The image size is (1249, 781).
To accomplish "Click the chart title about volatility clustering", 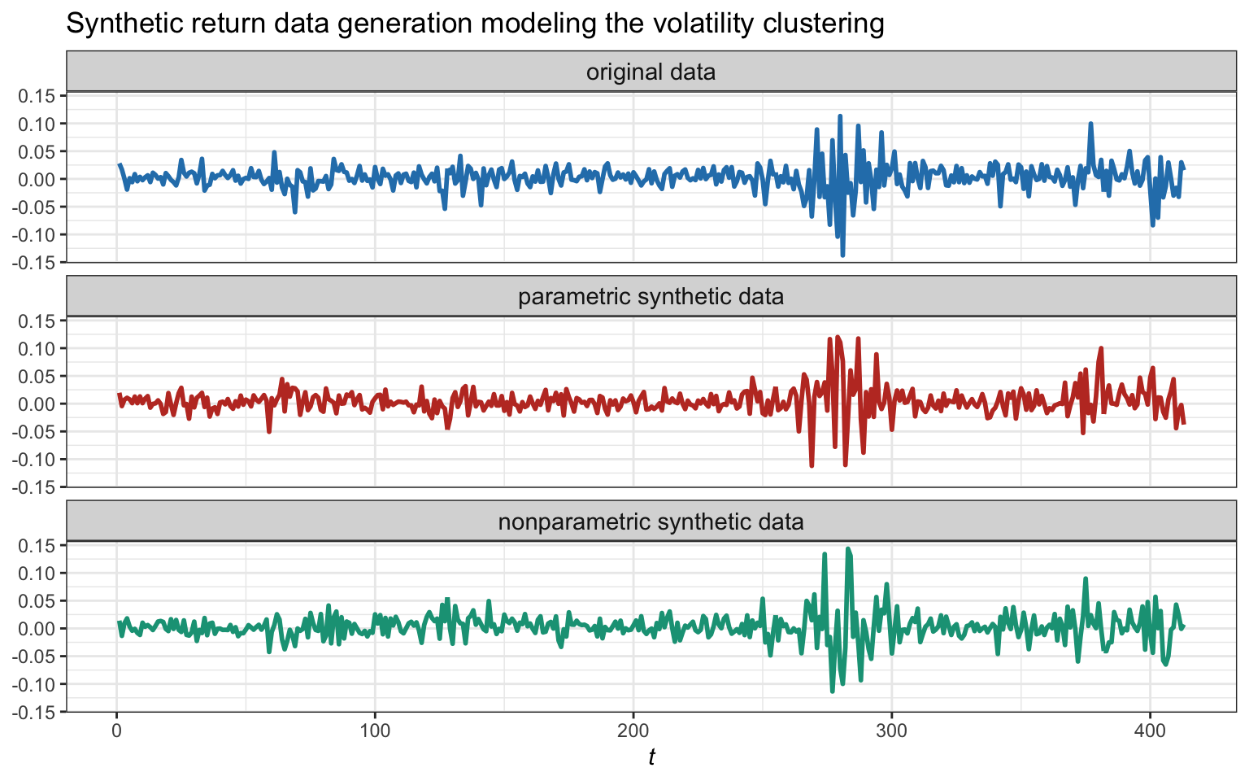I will tap(474, 24).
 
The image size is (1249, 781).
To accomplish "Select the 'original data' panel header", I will tap(651, 72).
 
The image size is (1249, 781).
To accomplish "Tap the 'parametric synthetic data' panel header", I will tap(651, 296).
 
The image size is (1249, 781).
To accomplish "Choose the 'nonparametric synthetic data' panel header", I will tap(651, 521).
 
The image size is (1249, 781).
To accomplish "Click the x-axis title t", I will tap(651, 757).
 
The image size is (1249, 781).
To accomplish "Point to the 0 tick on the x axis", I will tap(116, 729).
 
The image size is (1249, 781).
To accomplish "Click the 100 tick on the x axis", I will tap(375, 729).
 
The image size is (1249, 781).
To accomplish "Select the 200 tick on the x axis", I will tap(633, 729).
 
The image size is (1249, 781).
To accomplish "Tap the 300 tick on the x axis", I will tap(891, 729).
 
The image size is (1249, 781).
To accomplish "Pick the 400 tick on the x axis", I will tap(1150, 729).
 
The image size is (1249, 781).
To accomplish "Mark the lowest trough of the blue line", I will tap(842, 255).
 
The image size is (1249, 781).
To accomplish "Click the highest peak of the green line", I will tap(847, 548).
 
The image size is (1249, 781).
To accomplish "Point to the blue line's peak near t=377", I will tap(1090, 124).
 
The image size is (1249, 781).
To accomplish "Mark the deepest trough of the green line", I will tap(832, 692).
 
